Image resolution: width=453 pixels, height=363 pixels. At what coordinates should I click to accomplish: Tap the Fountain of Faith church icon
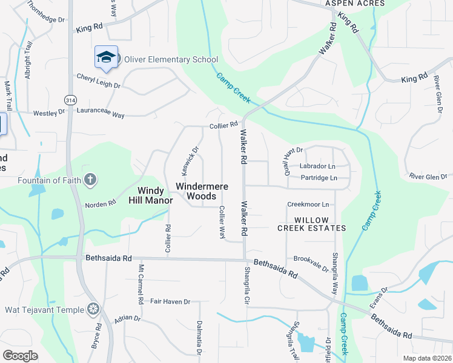(x=90, y=179)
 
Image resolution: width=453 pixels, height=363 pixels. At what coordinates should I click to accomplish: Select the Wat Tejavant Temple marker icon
(x=93, y=309)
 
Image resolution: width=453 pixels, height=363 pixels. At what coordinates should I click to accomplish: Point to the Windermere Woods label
(x=202, y=191)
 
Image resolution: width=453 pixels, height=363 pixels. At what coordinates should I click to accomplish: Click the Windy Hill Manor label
(x=151, y=195)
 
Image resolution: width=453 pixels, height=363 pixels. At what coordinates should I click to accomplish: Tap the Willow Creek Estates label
(x=312, y=224)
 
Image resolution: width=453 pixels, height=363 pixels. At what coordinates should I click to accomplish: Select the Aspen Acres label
(x=355, y=4)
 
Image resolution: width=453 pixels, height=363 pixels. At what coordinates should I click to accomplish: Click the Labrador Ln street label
(x=317, y=166)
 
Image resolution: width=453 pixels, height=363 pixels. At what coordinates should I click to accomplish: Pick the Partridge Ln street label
(x=319, y=178)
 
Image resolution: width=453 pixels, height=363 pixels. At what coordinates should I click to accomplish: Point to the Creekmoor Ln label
(x=308, y=204)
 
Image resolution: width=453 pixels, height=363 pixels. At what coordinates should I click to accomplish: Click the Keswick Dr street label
(x=186, y=158)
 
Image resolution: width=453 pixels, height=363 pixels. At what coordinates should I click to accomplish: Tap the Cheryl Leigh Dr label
(x=99, y=81)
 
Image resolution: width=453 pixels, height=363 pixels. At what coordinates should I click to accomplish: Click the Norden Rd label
(x=100, y=204)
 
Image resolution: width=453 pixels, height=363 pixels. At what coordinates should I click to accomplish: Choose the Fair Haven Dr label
(x=170, y=301)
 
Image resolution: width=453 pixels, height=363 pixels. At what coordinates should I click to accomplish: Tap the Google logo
(x=21, y=355)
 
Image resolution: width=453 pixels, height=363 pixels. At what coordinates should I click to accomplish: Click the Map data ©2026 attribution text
(x=427, y=358)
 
